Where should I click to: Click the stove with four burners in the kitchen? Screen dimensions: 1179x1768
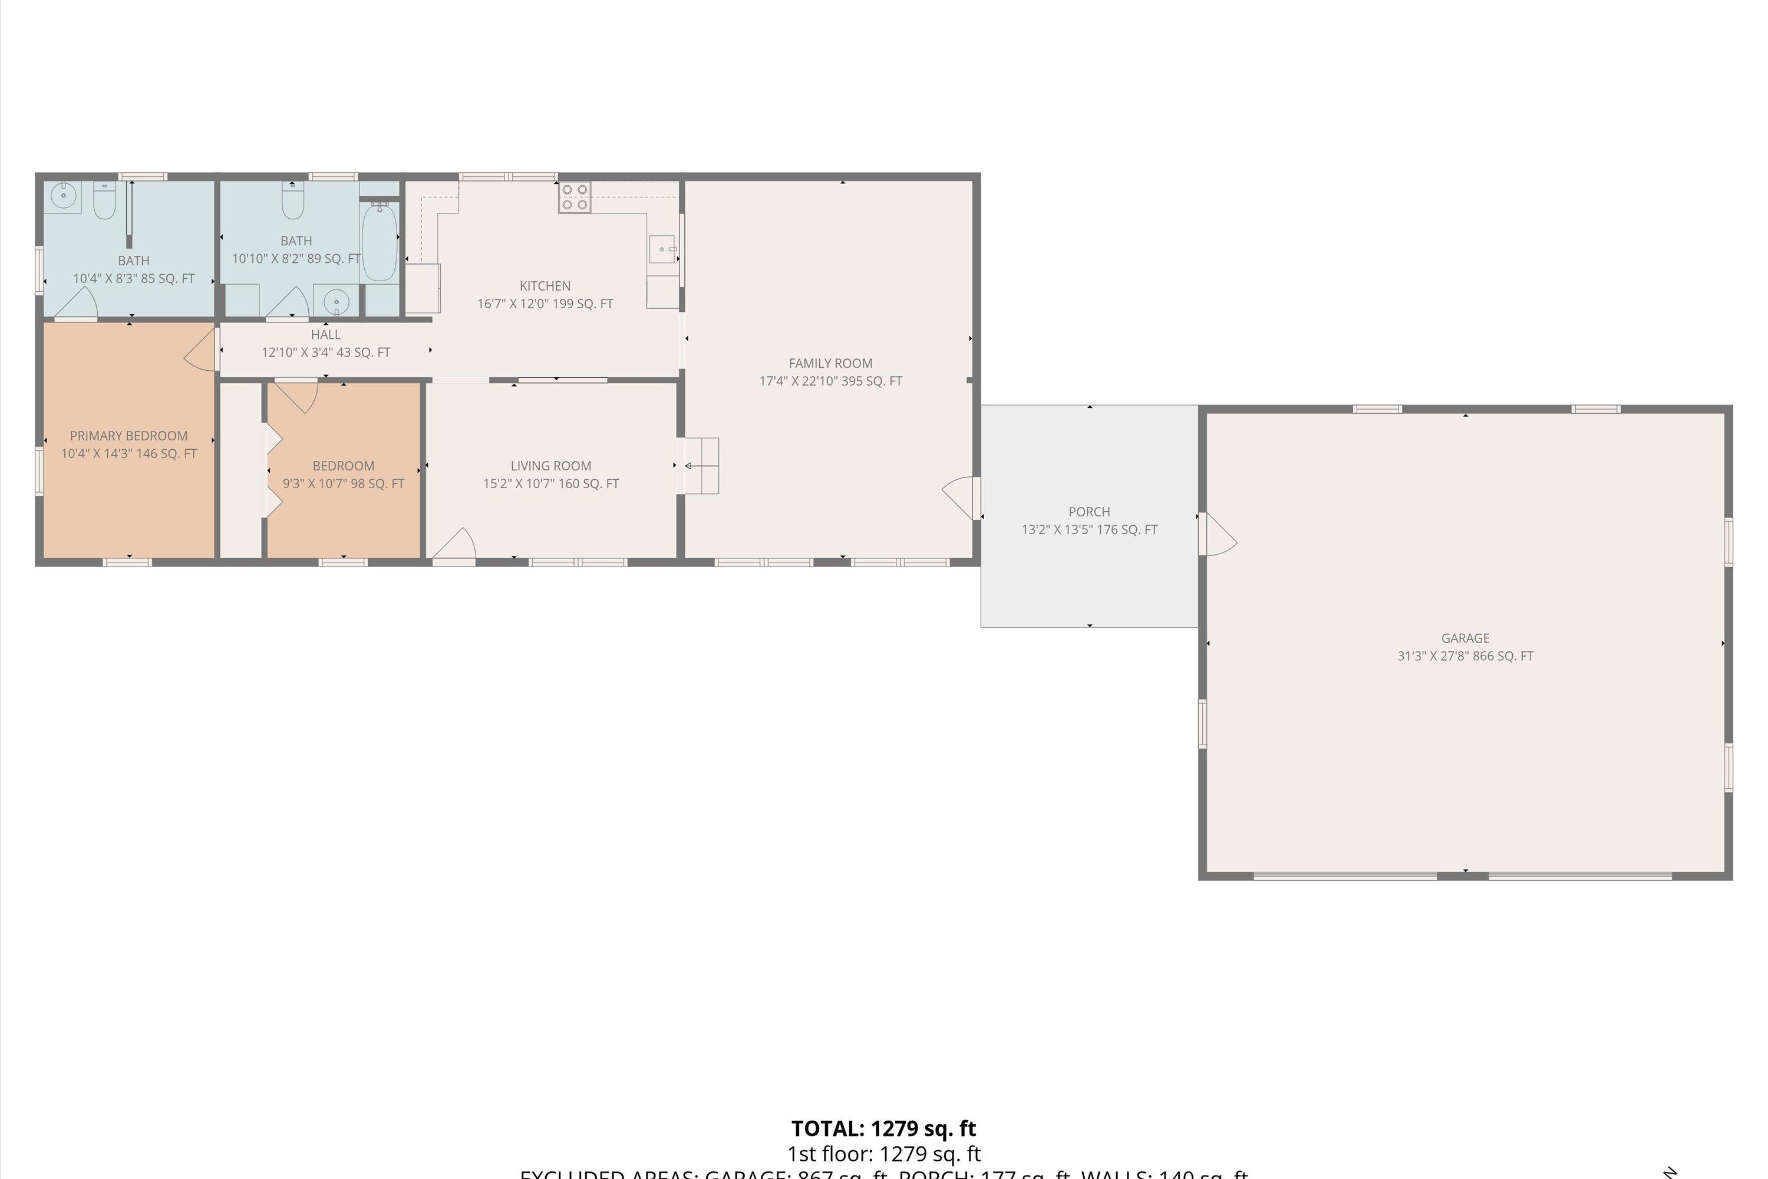[574, 197]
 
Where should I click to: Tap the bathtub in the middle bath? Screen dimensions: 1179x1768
[380, 242]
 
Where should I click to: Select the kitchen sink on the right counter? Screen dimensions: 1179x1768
[662, 249]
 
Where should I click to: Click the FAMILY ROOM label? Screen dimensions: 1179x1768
[830, 363]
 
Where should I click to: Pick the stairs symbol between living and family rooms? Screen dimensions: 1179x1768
[700, 466]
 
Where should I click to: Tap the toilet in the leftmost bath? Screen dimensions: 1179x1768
[104, 199]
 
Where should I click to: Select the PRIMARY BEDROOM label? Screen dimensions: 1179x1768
[128, 436]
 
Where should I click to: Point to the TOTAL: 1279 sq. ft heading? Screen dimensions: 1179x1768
[883, 1129]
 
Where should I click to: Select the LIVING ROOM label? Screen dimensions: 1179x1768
[550, 466]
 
